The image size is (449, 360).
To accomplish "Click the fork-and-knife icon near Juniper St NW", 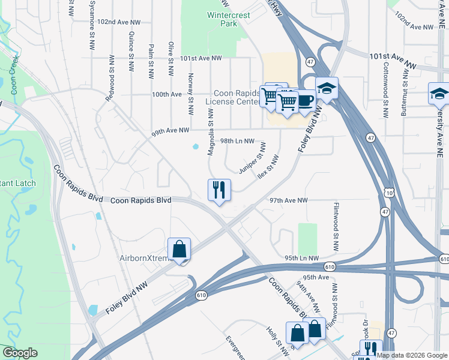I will point(219,190).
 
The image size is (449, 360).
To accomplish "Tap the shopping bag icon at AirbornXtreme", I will point(179,249).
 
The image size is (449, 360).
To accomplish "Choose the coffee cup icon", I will point(306,100).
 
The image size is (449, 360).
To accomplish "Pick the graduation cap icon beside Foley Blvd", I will point(327,89).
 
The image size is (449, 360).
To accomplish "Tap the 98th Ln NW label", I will point(235,140).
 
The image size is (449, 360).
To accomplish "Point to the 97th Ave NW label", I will point(288,200).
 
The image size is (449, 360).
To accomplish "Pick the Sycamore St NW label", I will point(92,18).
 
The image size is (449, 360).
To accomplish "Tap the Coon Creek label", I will point(13,76).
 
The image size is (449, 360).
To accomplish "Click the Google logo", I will point(20,353).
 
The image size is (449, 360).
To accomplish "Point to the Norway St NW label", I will point(191,94).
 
